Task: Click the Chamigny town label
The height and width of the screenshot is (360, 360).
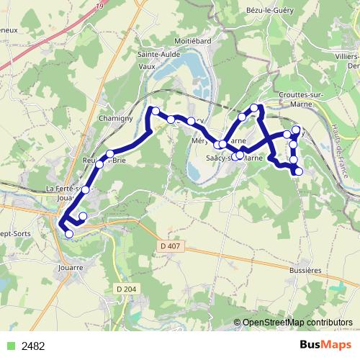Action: (113, 117)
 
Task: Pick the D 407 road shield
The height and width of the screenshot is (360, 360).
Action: (167, 247)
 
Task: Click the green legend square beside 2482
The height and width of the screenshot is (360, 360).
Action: (10, 346)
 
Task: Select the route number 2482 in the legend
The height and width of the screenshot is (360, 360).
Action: (34, 346)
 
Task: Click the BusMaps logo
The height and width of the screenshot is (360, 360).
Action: (327, 346)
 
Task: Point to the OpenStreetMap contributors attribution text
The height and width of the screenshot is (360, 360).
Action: (295, 323)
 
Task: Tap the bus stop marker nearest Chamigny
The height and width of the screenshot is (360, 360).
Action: (110, 153)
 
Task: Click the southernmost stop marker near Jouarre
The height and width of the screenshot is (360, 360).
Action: (69, 234)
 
